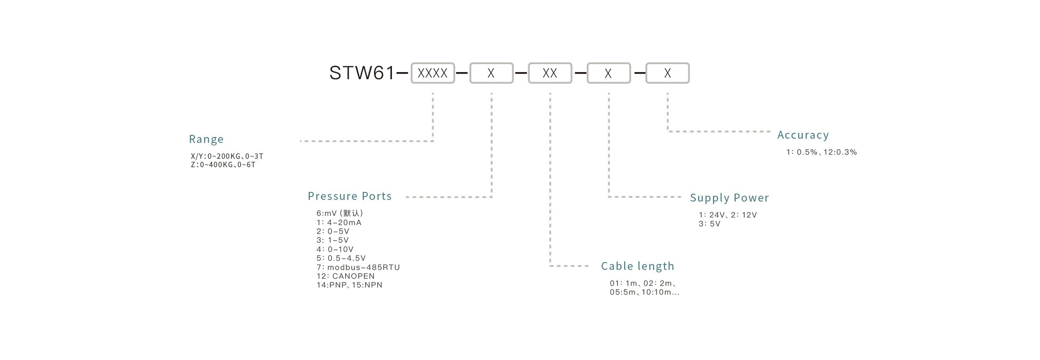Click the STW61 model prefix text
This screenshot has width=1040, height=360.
coord(362,73)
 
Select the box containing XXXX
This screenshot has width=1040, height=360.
coord(433,73)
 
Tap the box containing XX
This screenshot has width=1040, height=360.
coord(550,73)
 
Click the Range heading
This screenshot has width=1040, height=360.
coord(206,139)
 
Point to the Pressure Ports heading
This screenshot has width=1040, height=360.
coord(350,196)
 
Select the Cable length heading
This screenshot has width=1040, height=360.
coord(638,266)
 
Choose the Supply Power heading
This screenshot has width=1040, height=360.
coord(729,198)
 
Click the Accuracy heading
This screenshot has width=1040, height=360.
coord(803,135)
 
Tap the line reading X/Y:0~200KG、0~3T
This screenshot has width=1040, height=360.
coord(227,156)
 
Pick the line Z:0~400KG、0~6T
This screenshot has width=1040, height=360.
coord(223,165)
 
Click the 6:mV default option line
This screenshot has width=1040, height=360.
coord(340,213)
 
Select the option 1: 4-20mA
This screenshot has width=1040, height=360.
coord(339,223)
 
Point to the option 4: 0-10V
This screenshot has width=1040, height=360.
coord(335,249)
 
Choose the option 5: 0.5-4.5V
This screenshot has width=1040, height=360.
coord(341,258)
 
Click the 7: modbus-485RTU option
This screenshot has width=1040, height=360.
coord(358,267)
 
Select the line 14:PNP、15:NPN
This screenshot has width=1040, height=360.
coord(350,285)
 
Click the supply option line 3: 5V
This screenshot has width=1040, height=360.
coord(710,224)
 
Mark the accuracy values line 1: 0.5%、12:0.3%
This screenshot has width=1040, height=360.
coord(822,152)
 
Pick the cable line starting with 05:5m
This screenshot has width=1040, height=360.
coord(645,292)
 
